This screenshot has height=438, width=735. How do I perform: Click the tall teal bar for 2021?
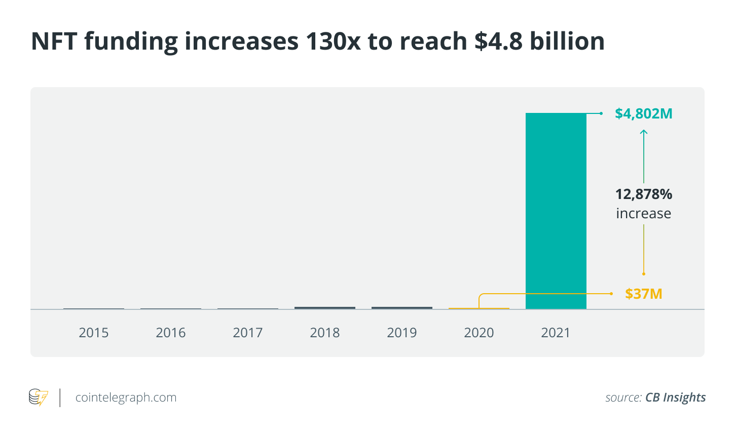556,211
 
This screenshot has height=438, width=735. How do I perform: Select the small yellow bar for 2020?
479,308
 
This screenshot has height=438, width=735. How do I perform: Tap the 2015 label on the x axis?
94,333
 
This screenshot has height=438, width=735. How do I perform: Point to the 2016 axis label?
171,333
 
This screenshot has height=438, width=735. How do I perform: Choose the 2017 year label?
248,333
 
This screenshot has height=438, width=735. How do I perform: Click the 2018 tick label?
325,333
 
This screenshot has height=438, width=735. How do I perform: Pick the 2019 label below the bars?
402,333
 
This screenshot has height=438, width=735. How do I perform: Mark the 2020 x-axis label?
479,333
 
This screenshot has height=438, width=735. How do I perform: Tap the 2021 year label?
556,333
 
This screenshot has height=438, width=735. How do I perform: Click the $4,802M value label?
644,113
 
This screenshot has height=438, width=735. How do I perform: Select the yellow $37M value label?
644,294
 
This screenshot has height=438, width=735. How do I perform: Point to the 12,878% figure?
644,194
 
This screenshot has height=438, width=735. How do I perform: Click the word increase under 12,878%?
644,214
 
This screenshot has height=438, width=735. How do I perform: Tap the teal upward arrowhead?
644,132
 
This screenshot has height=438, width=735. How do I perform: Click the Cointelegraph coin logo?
39,397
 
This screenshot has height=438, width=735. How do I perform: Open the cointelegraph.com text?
126,397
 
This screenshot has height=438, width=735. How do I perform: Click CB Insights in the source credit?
675,397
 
